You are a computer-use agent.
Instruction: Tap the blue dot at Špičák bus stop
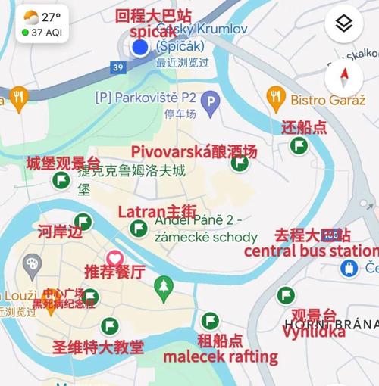(x=139, y=48)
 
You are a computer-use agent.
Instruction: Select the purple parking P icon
(x=211, y=100)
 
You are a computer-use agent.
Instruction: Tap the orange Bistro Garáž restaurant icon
(x=276, y=97)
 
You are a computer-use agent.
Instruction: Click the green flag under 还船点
(x=299, y=145)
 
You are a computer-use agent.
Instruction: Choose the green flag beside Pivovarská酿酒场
(x=240, y=162)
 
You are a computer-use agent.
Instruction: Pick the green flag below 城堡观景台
(x=61, y=180)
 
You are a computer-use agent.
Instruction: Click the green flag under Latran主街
(x=139, y=228)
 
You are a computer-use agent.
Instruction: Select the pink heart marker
(x=114, y=258)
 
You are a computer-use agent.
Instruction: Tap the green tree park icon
(x=163, y=285)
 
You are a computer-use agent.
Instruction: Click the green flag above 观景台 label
(x=286, y=295)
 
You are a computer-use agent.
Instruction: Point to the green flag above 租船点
(x=210, y=320)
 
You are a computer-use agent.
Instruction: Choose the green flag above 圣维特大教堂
(x=110, y=326)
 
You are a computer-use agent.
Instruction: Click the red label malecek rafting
(x=221, y=356)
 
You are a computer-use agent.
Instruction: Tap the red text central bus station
(x=312, y=251)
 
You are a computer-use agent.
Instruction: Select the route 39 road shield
(x=117, y=67)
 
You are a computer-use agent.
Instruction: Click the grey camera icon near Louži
(x=32, y=266)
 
